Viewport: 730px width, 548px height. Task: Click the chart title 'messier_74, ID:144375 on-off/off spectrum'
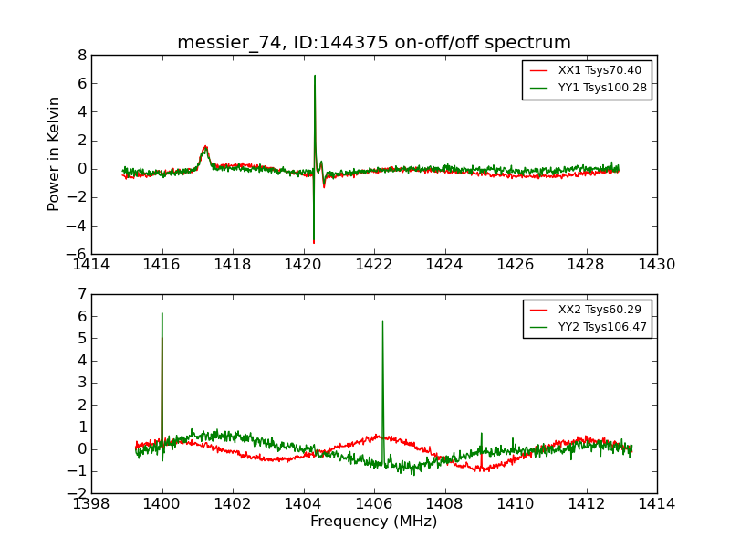(x=374, y=43)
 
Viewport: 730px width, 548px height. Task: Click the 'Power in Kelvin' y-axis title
(x=55, y=153)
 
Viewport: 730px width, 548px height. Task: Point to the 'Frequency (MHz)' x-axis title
(x=374, y=522)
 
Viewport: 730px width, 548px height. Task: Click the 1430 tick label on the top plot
(x=657, y=265)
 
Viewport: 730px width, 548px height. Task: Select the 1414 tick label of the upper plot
(x=92, y=265)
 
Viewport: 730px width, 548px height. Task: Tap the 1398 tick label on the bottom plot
(x=92, y=503)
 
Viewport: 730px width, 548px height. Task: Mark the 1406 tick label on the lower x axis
(x=374, y=503)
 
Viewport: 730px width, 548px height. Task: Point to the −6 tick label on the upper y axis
(x=78, y=254)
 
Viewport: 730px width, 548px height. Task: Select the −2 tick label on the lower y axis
(x=78, y=493)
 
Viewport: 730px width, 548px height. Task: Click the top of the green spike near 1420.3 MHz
(x=315, y=76)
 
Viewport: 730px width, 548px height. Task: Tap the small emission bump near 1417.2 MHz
(x=205, y=147)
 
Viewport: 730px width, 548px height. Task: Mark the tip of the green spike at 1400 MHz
(x=162, y=313)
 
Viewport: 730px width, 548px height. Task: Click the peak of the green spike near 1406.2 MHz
(x=382, y=321)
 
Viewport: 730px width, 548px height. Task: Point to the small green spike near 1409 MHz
(x=481, y=434)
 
